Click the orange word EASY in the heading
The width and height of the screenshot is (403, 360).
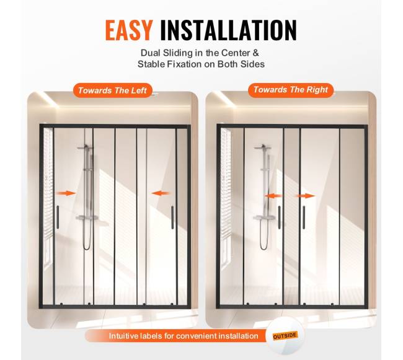[x=129, y=30]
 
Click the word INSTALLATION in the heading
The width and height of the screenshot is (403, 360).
[x=229, y=30]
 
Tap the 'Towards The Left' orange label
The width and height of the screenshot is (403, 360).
[x=112, y=90]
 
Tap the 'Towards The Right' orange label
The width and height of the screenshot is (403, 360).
[x=291, y=90]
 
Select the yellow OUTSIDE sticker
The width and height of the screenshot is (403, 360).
[x=285, y=336]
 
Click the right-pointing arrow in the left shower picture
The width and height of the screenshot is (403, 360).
[x=66, y=193]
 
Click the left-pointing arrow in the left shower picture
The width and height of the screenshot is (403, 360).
[x=161, y=193]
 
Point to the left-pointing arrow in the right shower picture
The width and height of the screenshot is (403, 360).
[x=273, y=196]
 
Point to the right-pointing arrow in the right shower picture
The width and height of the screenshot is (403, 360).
[x=305, y=196]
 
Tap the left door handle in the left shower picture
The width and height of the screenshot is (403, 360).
[x=58, y=217]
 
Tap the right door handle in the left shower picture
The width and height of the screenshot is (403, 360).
[x=172, y=217]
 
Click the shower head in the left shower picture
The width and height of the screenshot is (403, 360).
[x=86, y=147]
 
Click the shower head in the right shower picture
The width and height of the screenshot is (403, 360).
[x=262, y=147]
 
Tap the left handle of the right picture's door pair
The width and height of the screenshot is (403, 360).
[x=280, y=217]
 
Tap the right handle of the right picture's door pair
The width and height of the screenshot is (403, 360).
[x=304, y=217]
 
